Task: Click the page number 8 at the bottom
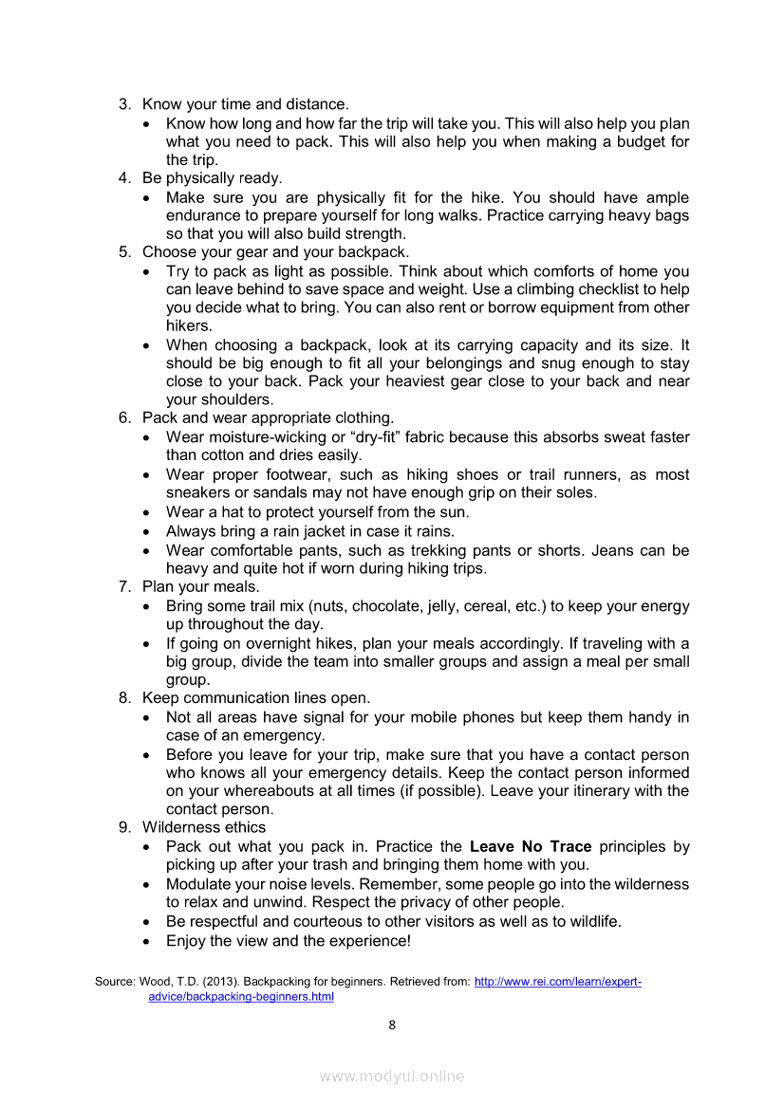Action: click(x=392, y=1025)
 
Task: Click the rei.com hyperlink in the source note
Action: click(x=557, y=982)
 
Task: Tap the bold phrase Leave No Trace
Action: click(x=531, y=846)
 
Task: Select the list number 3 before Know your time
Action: click(x=123, y=104)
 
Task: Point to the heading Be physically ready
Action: click(x=212, y=178)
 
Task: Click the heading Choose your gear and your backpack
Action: click(x=275, y=252)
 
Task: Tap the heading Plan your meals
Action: click(x=200, y=587)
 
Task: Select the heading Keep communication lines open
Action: click(x=255, y=698)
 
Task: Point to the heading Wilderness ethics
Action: click(x=204, y=827)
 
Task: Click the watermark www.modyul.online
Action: click(x=392, y=1076)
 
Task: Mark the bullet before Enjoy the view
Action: click(x=145, y=942)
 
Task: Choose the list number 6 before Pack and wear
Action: click(x=123, y=418)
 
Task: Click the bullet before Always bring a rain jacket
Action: click(x=145, y=532)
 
